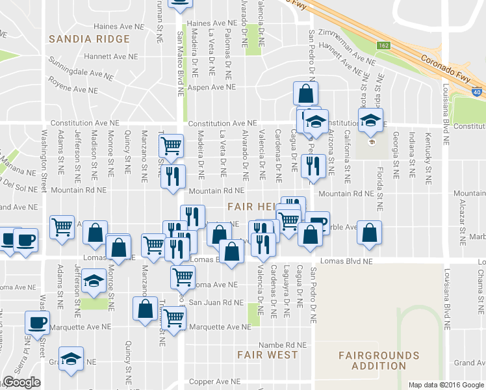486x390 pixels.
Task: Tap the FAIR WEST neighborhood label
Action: click(x=267, y=355)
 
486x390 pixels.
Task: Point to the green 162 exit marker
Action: click(x=383, y=44)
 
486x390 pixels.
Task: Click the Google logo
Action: click(x=21, y=382)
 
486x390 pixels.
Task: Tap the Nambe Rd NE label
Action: click(x=281, y=344)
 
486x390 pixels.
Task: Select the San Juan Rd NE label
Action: click(x=216, y=302)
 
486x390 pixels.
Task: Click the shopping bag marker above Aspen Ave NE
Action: click(x=305, y=94)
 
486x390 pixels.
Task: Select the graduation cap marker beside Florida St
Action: click(x=370, y=120)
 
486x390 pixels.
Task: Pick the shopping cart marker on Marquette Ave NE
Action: click(x=173, y=318)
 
